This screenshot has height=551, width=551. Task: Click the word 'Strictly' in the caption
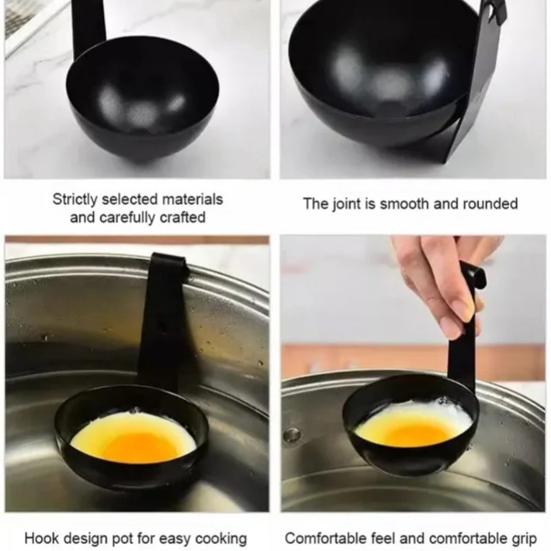click(74, 200)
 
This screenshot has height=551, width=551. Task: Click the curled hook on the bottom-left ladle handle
click(169, 262)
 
